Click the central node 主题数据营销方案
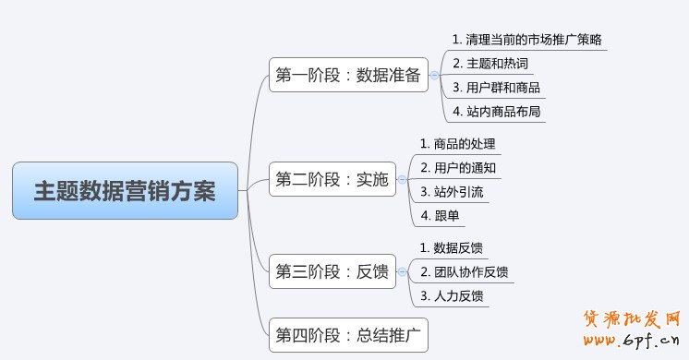click(x=125, y=191)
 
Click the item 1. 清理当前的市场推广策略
click(x=528, y=40)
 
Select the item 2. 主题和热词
click(x=490, y=64)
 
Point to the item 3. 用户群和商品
click(x=496, y=88)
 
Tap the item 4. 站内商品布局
click(x=496, y=113)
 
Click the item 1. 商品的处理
click(x=457, y=144)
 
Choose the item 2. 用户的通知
click(x=457, y=168)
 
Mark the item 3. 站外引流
click(x=452, y=193)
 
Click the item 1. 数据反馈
click(x=451, y=248)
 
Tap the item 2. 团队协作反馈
click(x=463, y=272)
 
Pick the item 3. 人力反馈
click(x=451, y=296)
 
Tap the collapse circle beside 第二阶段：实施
click(x=402, y=180)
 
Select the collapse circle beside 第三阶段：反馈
click(x=402, y=272)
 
